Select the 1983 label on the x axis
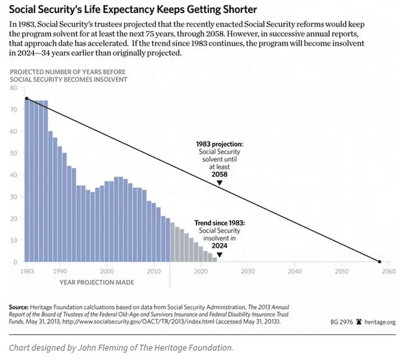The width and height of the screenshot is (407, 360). pos(26,272)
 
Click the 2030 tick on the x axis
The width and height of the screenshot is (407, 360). pos(247,272)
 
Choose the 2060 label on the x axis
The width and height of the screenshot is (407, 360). pos(389,272)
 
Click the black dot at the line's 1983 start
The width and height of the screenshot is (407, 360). pos(26,99)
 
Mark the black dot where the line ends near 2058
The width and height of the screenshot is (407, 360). pos(379,261)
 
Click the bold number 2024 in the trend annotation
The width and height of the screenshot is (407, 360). pos(219,244)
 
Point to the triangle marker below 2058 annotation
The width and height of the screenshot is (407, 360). pos(219,182)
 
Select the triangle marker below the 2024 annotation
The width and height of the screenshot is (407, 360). pos(219,255)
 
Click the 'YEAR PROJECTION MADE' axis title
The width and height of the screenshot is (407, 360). pos(97,282)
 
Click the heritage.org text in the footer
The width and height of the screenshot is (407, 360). pos(378,320)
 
